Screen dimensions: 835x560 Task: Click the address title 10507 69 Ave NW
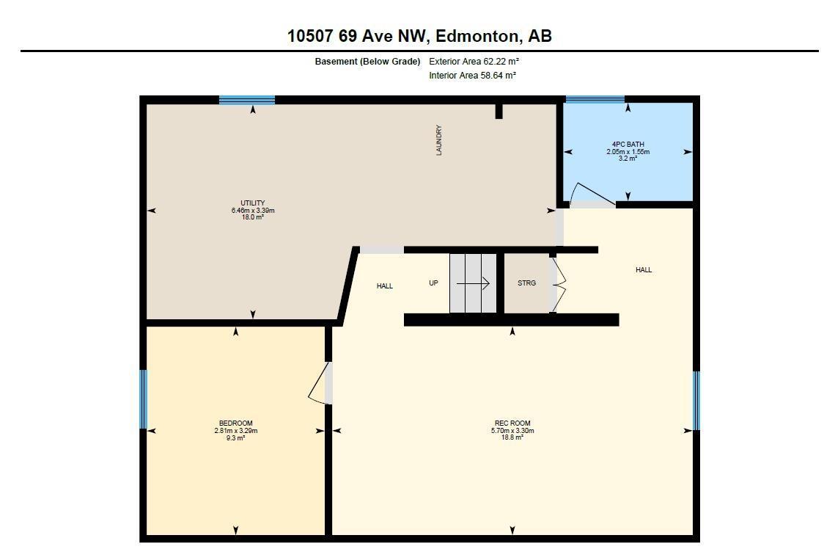(357, 36)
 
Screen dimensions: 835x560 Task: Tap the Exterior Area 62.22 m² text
(474, 62)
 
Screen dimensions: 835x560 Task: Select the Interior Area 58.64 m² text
(472, 75)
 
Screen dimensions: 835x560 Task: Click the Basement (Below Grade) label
(367, 62)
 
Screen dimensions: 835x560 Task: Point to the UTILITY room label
(253, 203)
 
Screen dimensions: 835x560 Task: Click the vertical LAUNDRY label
(439, 140)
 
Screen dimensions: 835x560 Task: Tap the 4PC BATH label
(628, 144)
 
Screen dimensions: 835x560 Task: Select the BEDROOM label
(236, 423)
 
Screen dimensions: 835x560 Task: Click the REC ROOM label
(512, 423)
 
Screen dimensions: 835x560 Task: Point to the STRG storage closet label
(526, 283)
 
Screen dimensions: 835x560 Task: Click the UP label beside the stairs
(433, 283)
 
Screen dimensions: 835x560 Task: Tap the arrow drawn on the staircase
(473, 283)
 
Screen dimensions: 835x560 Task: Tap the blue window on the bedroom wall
(143, 399)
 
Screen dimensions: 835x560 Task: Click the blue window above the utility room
(247, 100)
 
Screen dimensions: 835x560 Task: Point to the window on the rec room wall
(696, 401)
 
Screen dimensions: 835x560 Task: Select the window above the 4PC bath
(595, 99)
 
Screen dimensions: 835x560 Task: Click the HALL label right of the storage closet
(644, 270)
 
